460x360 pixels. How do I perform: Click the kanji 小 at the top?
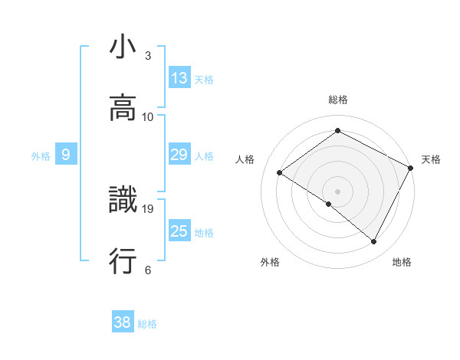[123, 48]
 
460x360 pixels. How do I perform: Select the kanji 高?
[123, 109]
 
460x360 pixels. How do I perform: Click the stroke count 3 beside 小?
[148, 56]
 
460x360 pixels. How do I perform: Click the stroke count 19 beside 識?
[149, 208]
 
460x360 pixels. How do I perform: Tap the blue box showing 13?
[179, 78]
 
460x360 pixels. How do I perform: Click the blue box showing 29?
[179, 155]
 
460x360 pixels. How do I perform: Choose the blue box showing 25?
[179, 231]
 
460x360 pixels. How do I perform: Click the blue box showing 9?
[66, 155]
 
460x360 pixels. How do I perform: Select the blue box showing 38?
[123, 322]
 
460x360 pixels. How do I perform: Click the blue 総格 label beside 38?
[148, 324]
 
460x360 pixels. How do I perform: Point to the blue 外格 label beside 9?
[41, 156]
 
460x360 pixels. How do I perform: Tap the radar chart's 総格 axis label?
[338, 100]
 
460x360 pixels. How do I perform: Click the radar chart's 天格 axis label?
[431, 159]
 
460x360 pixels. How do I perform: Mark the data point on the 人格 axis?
[280, 172]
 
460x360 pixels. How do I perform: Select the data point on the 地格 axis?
[374, 242]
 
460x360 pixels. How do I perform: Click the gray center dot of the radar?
[338, 191]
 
